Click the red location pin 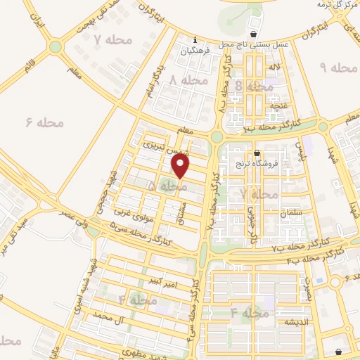point(181,166)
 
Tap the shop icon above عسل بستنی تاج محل point(254,34)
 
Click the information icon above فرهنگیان point(194,39)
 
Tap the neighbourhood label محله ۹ point(334,67)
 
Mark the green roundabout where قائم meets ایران point(55,47)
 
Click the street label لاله point(275,67)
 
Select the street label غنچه point(281,106)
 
